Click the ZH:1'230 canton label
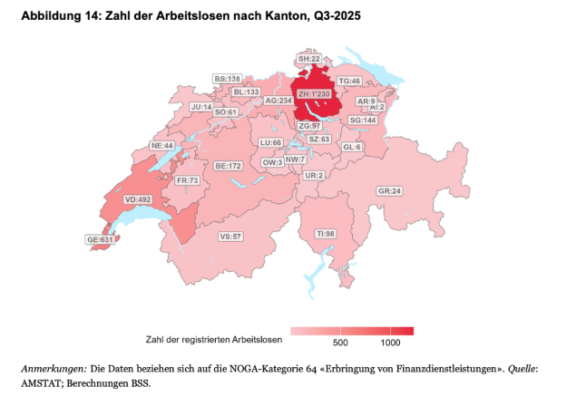pos(317,118)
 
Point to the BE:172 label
pos(228,167)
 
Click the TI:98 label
pos(325,233)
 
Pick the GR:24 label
pos(389,191)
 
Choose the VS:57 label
pos(230,237)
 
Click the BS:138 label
pos(228,80)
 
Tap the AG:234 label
pos(278,101)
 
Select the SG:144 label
pos(363,120)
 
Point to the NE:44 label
pos(162,145)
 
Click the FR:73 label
pos(187,180)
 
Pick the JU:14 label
pos(200,107)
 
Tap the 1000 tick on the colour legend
pos(391,343)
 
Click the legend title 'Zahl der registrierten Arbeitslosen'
pos(213,340)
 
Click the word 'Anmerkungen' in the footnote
pos(54,369)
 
